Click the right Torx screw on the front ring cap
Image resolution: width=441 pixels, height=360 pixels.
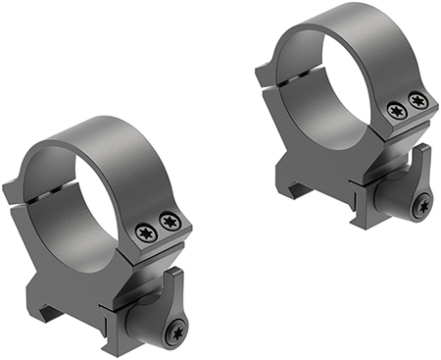pyautogui.click(x=169, y=222)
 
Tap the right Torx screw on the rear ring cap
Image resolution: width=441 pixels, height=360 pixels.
pyautogui.click(x=417, y=99)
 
